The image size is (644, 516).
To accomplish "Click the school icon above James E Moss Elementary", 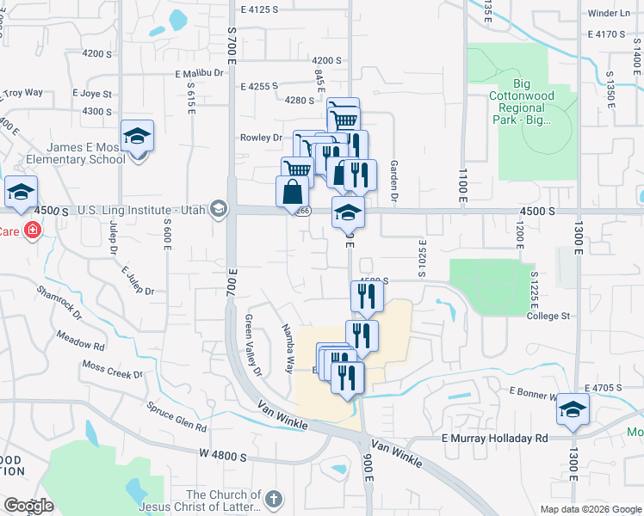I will point(136,136).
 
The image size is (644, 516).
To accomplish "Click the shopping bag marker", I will point(293,193).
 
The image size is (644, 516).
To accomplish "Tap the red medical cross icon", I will point(32,231).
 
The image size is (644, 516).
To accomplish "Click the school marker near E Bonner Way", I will point(573,409).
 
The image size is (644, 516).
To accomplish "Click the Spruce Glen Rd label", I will point(176,416).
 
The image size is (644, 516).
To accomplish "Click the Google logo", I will point(28,506).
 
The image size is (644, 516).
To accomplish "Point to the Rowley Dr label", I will point(260,138).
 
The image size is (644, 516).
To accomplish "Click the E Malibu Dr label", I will point(198,74).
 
